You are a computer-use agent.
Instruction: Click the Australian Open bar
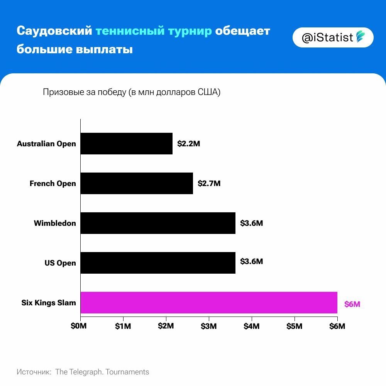point(127,144)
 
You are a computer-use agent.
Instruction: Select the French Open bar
point(137,183)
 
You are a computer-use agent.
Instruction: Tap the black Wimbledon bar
point(158,223)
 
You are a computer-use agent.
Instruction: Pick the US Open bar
point(158,263)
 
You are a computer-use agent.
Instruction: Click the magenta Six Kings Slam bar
point(209,303)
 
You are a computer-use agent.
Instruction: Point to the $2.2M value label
point(189,144)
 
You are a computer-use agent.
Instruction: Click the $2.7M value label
point(209,183)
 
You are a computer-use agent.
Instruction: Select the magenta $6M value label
point(352,304)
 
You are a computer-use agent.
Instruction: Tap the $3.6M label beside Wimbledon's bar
point(251,223)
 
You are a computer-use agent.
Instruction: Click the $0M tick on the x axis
point(80,326)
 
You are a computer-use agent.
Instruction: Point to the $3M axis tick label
point(209,326)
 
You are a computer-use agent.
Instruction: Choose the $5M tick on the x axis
point(295,326)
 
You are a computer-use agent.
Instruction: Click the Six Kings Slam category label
point(49,303)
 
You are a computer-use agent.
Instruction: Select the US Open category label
point(60,263)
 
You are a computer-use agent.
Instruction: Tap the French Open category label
point(53,183)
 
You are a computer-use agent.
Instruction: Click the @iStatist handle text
point(327,37)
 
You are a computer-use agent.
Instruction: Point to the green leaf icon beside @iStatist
point(361,37)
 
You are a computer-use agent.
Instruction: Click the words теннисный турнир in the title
point(154,31)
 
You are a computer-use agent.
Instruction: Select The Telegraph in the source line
point(79,372)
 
